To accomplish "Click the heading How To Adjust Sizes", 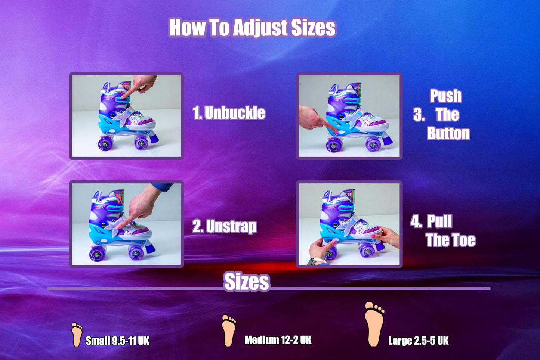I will pos(252,28).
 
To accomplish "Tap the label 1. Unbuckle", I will pos(229,113).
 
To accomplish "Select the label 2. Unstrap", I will pos(225,226).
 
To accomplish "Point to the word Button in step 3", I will pos(448,133).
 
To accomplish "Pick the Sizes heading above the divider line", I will pos(247,282).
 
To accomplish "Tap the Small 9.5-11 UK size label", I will pos(117,341).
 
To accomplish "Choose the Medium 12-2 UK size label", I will pos(278,340).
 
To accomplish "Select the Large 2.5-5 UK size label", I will pos(419,341).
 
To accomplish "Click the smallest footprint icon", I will pos(77,334).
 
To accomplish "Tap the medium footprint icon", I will pos(228,330).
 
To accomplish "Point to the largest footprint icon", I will pos(374,323).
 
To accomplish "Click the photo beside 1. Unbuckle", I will pos(126,116).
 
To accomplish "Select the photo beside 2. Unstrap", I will pos(126,224).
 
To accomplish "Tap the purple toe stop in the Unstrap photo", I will pos(150,247).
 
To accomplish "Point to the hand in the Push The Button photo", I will pos(312,117).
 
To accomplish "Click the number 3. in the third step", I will pos(419,115).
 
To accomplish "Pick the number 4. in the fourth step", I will pos(416,221).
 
